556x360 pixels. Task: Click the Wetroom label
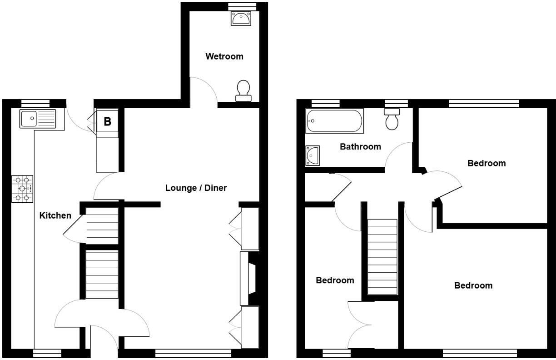click(224, 56)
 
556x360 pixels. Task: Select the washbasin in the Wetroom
click(241, 19)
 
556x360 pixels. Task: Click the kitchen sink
click(38, 119)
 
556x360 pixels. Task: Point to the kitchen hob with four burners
click(22, 189)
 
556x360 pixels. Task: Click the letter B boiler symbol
click(108, 122)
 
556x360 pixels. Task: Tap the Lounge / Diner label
click(196, 188)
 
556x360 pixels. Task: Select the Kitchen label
click(55, 215)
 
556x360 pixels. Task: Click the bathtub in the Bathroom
click(335, 121)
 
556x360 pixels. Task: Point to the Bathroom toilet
click(392, 119)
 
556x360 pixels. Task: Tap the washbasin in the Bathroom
click(313, 155)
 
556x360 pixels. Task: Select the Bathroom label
click(360, 146)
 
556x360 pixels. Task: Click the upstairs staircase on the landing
click(382, 257)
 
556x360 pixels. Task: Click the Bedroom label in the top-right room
click(486, 163)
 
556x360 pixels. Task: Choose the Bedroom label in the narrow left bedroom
click(335, 280)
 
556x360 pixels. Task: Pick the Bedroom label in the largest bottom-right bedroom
click(473, 285)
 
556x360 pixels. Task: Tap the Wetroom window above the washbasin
click(241, 5)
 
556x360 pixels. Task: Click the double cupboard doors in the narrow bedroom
click(360, 325)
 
